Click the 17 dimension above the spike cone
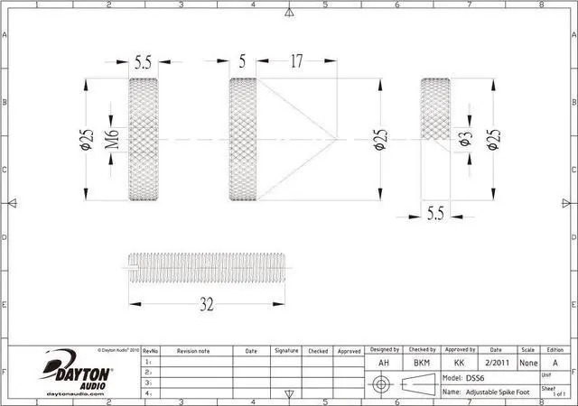coord(296,62)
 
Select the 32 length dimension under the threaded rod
coord(206,304)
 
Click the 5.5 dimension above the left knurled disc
coord(143,62)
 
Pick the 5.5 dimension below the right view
coord(435,214)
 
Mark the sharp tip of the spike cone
coord(337,140)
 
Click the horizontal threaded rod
coord(206,269)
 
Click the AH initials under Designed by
coord(383,362)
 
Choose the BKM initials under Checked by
coord(421,362)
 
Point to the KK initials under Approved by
coord(459,362)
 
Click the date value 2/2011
coord(496,362)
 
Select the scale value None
coord(528,362)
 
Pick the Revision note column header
coord(192,350)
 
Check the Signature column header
coord(286,350)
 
